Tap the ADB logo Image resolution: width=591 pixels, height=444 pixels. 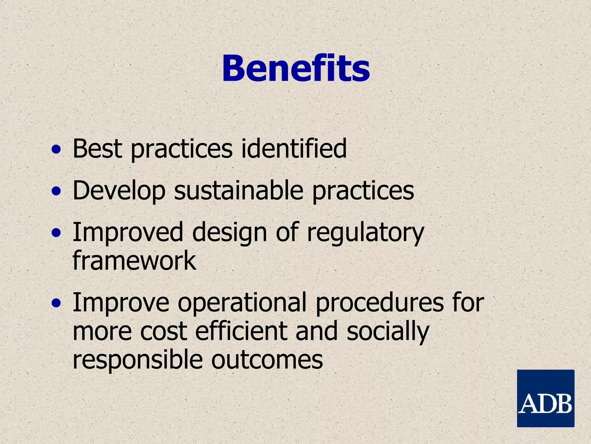pyautogui.click(x=545, y=398)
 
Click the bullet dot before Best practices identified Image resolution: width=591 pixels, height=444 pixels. pyautogui.click(x=56, y=150)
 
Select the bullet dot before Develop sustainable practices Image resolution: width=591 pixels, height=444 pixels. pyautogui.click(x=56, y=191)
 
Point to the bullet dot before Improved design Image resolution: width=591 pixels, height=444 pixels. pyautogui.click(x=56, y=233)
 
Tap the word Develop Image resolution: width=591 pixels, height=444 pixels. pyautogui.click(x=119, y=191)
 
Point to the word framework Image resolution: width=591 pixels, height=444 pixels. pyautogui.click(x=134, y=260)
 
